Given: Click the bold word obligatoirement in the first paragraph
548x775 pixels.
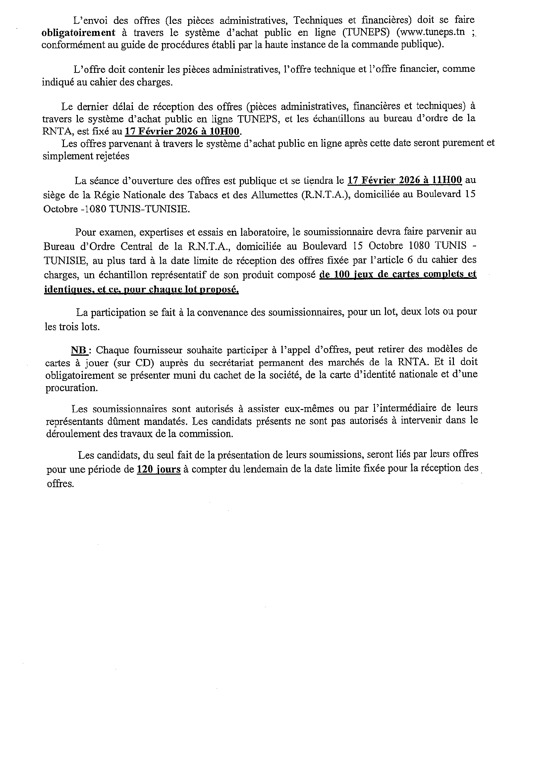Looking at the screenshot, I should (78, 33).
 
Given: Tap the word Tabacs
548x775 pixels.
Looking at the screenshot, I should (207, 195).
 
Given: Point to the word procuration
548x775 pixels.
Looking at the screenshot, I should (72, 388).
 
